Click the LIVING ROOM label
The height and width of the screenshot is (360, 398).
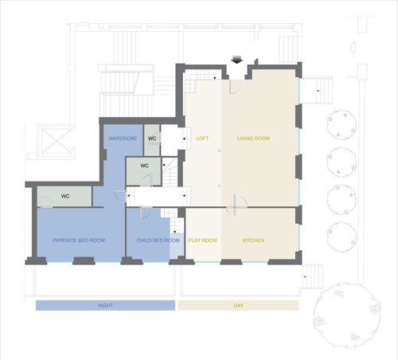[x=253, y=139]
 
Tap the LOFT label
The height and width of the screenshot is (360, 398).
[x=202, y=139]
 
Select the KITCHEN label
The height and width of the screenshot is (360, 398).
[x=253, y=241]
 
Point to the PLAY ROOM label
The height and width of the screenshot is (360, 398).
[x=202, y=241]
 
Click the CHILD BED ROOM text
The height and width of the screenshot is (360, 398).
[x=158, y=241]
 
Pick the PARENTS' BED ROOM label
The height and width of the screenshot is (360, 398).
[x=79, y=241]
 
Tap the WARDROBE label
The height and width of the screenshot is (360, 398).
[x=123, y=139]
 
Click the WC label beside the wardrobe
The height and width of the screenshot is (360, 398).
[x=152, y=139]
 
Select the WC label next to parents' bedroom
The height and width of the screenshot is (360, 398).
[x=65, y=196]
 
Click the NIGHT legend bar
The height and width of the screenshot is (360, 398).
[x=105, y=305]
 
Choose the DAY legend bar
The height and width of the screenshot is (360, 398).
[x=238, y=305]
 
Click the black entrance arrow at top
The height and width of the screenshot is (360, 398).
[x=236, y=60]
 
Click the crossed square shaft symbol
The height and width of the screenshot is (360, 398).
[x=57, y=141]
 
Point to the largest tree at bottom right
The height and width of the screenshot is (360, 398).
[x=347, y=315]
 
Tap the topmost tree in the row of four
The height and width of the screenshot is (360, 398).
[x=341, y=125]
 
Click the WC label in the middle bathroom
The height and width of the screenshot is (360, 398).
[x=144, y=166]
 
